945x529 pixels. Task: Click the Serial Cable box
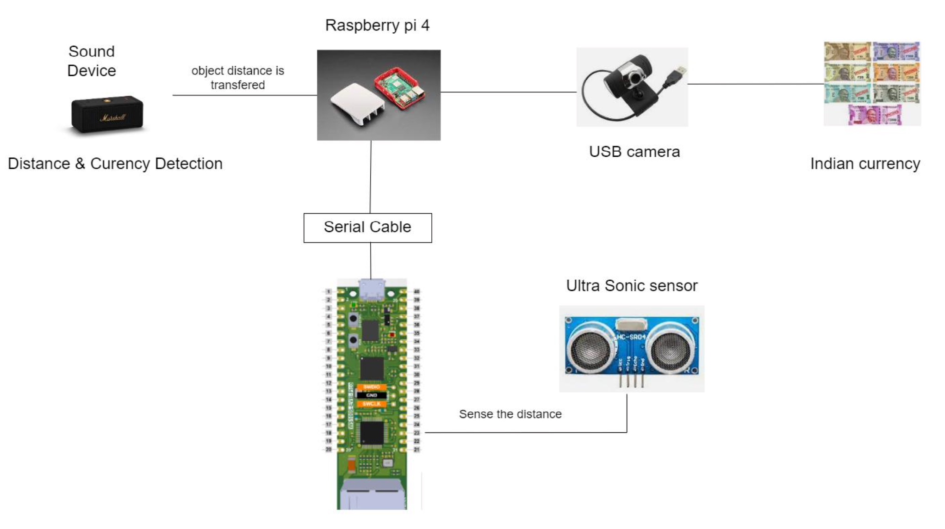coord(367,228)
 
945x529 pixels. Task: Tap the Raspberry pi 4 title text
coord(377,25)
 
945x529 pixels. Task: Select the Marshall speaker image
coord(107,114)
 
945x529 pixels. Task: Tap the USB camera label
coord(634,152)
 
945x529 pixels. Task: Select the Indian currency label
coord(864,164)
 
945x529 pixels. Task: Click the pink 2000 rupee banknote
coord(874,115)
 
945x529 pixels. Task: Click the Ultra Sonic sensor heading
coord(631,286)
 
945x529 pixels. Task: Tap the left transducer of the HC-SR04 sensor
coord(589,350)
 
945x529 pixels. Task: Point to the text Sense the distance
coord(510,414)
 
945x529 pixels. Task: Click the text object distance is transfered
coord(237,78)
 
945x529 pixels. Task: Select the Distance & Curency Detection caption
coord(115,164)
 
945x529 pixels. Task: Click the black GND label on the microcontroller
coord(372,395)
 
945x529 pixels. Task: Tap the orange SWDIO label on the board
coord(372,387)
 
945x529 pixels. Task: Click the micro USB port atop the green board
coord(372,290)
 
